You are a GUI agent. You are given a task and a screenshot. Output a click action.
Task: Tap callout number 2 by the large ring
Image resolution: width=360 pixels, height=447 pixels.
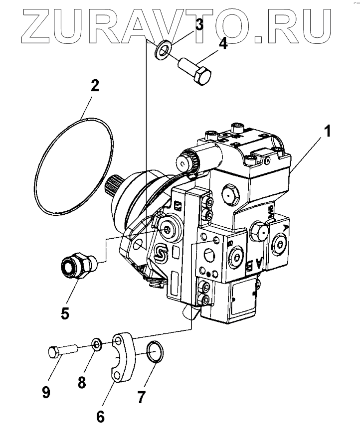[x=94, y=86]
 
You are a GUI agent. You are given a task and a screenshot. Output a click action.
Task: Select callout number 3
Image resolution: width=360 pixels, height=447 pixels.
[x=199, y=24]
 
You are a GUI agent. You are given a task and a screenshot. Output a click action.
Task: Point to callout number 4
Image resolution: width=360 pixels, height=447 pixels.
[x=223, y=44]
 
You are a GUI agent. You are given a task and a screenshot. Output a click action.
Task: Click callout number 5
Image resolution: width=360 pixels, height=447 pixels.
[x=65, y=314]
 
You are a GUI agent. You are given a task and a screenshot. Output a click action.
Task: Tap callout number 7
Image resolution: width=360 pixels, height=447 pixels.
[x=141, y=397]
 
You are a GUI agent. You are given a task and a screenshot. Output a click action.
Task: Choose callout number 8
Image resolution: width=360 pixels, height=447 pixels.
[x=82, y=382]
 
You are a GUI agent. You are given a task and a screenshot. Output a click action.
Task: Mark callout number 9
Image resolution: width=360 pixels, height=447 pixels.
[x=46, y=393]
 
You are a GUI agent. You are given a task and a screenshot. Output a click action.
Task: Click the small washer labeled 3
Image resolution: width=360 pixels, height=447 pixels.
[x=162, y=50]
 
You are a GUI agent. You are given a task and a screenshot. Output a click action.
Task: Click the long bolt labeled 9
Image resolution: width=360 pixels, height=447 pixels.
[x=63, y=350]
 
